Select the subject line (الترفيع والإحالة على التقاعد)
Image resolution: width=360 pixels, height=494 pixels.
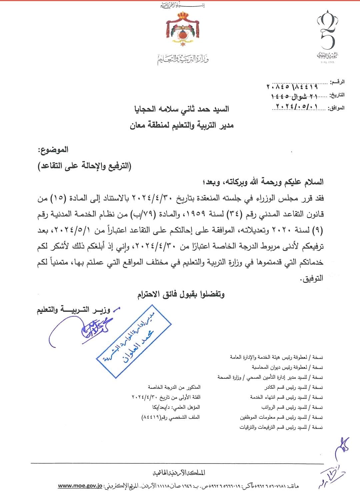coord(84,166)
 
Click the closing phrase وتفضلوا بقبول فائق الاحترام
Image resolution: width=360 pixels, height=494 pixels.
coord(181,294)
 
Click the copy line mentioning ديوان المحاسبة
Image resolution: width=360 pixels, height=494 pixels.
coord(287,367)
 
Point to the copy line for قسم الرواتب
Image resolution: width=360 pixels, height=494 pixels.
coord(292,407)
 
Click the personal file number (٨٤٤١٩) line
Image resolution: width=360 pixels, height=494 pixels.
coord(171,417)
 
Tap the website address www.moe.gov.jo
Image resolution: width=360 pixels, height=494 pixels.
coord(80,485)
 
